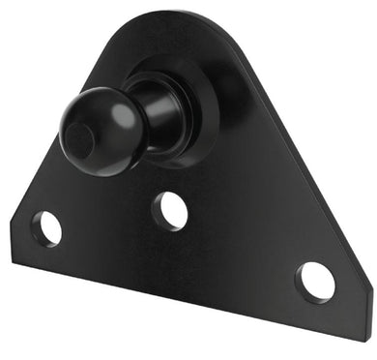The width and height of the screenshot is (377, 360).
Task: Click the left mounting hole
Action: coord(45,228)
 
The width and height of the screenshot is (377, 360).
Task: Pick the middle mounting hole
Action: coord(170,210)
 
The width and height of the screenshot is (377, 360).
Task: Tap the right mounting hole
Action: coord(315,281)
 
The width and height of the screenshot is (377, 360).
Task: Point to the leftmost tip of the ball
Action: coord(60,135)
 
